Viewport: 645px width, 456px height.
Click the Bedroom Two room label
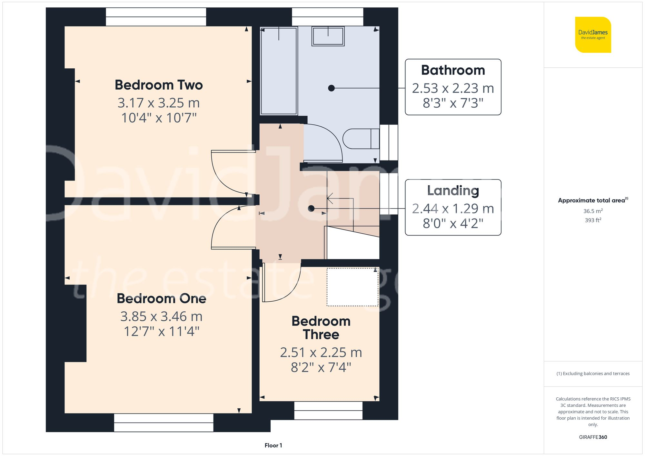click(x=159, y=85)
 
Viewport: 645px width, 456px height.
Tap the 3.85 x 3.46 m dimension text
click(x=161, y=316)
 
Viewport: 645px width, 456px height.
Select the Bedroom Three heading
click(x=321, y=328)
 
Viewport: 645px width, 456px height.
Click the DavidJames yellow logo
click(x=593, y=35)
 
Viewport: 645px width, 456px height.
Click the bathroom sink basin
click(x=328, y=36)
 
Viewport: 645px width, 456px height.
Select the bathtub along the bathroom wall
click(x=279, y=71)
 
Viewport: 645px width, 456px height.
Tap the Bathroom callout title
click(x=453, y=70)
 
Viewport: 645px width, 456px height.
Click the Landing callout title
click(x=453, y=190)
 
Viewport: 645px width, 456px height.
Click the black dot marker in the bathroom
click(x=331, y=88)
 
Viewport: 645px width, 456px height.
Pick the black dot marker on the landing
click(x=311, y=209)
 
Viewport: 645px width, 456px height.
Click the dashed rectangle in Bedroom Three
click(x=352, y=287)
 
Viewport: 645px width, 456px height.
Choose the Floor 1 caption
click(x=273, y=445)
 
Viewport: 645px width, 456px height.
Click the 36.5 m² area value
click(x=593, y=211)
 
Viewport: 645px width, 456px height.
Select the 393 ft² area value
click(x=593, y=220)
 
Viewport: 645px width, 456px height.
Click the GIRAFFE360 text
click(x=593, y=437)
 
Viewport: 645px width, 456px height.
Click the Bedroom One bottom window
click(x=164, y=422)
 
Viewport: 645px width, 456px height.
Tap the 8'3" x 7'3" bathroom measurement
click(x=453, y=103)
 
